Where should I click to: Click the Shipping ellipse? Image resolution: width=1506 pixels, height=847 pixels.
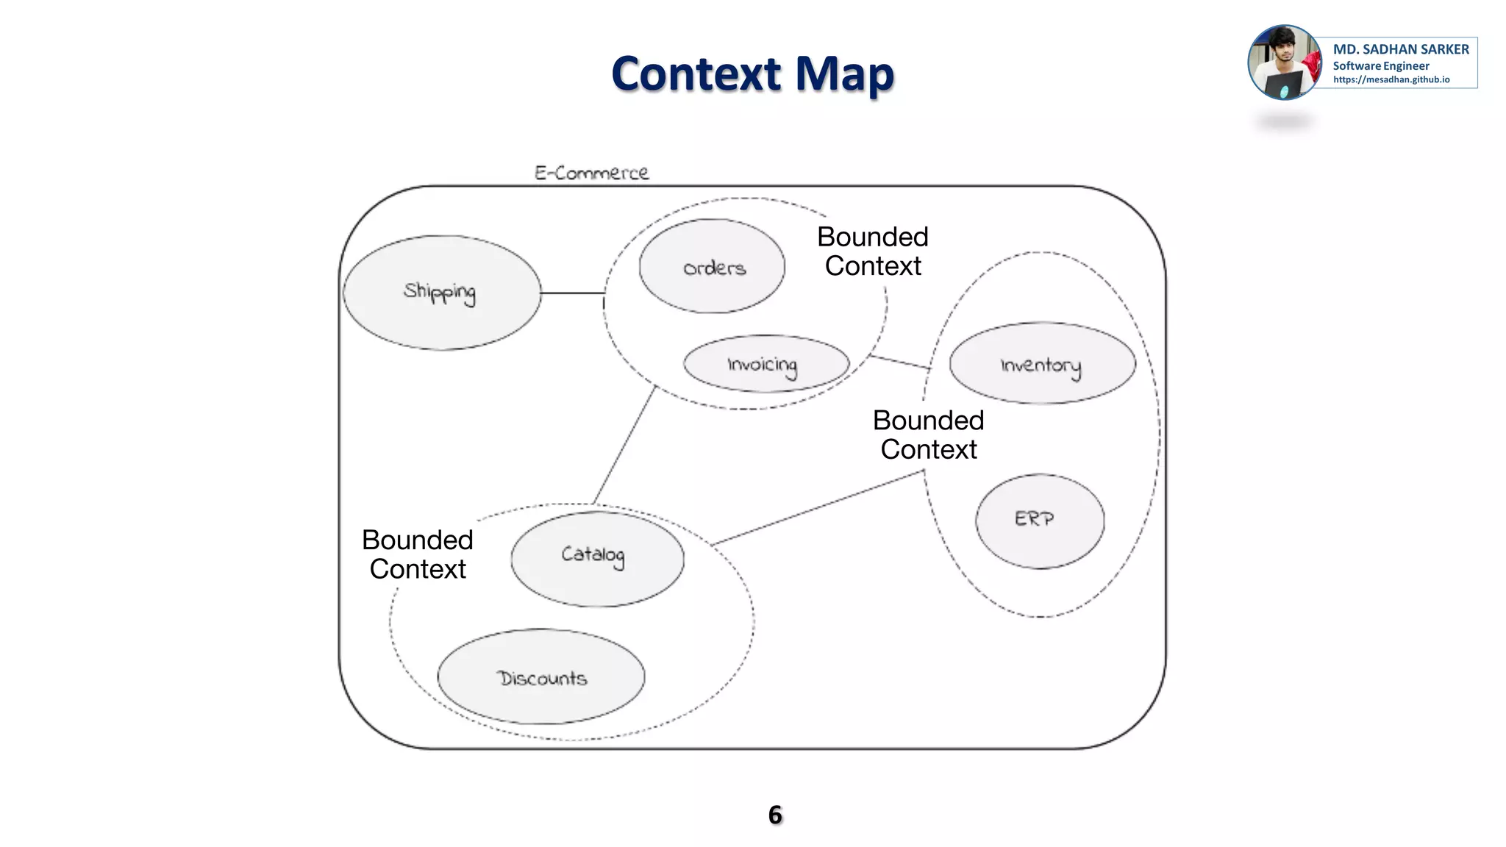pos(441,293)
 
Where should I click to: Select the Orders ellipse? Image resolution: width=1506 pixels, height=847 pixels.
pos(712,266)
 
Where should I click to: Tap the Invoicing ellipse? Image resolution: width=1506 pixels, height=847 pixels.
pos(766,364)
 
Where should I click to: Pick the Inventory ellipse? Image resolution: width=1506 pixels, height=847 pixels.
pos(1042,363)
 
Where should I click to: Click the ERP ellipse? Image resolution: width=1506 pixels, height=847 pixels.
pos(1039,521)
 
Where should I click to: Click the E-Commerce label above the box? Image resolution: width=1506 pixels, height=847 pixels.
pos(591,173)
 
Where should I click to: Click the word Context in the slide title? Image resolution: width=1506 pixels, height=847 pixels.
pos(696,74)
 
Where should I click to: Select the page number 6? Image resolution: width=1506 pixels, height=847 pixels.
pos(775,815)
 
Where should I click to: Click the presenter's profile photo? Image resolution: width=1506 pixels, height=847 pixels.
pos(1284,62)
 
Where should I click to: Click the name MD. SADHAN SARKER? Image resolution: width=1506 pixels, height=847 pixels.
pos(1400,49)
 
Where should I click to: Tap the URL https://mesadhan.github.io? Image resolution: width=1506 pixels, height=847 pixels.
pos(1391,79)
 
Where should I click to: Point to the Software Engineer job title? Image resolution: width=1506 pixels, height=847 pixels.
pos(1380,65)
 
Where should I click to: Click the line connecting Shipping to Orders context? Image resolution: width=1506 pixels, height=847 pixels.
pos(572,293)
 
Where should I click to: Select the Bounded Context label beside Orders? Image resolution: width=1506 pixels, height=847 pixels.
pos(872,251)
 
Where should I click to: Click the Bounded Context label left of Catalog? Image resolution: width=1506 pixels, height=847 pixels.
pos(417,554)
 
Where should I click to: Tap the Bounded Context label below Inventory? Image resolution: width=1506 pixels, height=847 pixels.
pos(928,435)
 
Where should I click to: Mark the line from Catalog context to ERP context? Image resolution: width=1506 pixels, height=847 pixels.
pos(816,508)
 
